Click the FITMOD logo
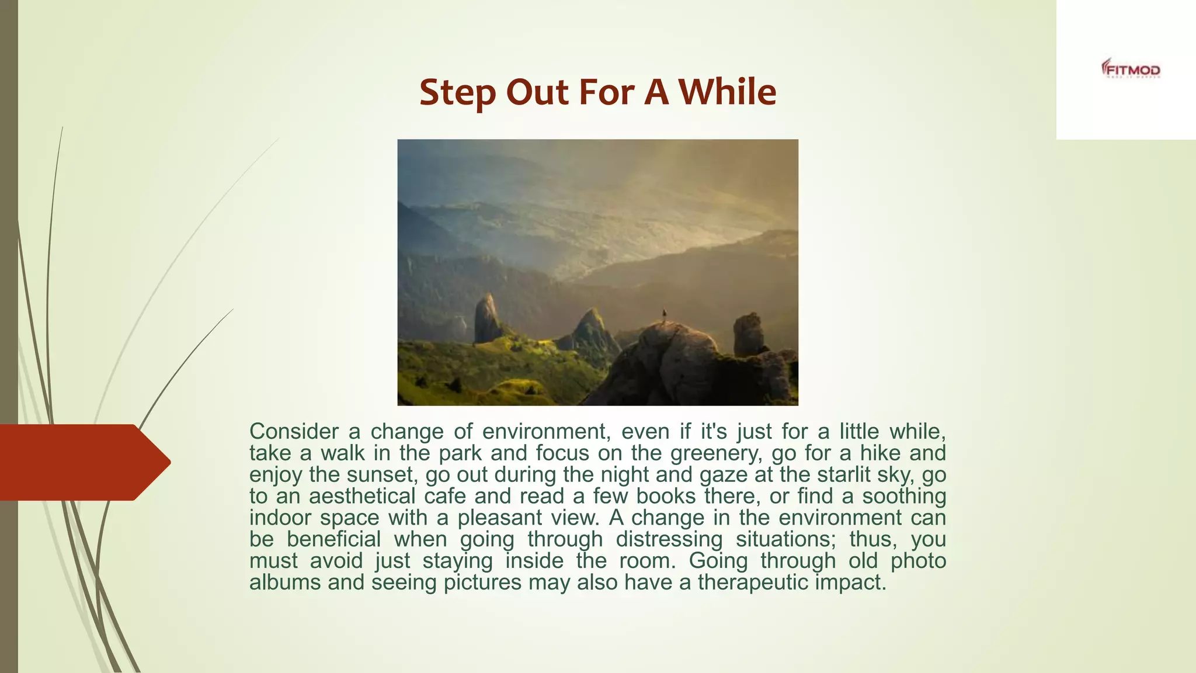(1131, 70)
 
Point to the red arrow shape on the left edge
(82, 462)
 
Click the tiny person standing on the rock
(664, 315)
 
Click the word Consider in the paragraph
(294, 432)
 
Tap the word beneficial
(333, 539)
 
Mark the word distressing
(669, 539)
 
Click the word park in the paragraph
(461, 453)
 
